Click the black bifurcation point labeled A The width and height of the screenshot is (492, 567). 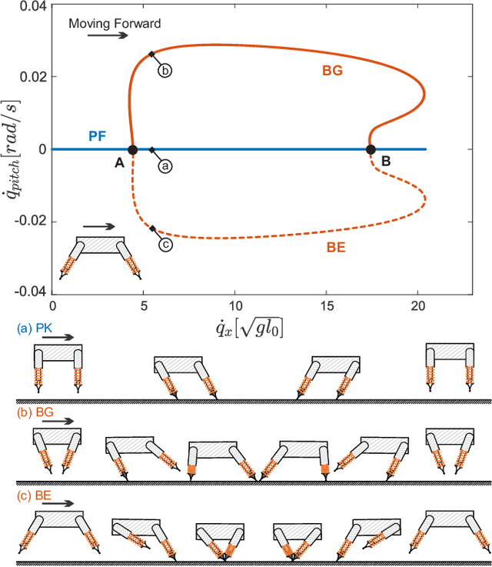pyautogui.click(x=131, y=150)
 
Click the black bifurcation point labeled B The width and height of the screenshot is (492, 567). pyautogui.click(x=371, y=150)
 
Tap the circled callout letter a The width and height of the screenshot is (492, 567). pyautogui.click(x=165, y=165)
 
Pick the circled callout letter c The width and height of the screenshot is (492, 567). pyautogui.click(x=165, y=245)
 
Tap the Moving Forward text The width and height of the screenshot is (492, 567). pyautogui.click(x=115, y=23)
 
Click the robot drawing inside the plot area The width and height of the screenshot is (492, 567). pyautogui.click(x=101, y=256)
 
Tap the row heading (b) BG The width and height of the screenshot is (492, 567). pyautogui.click(x=33, y=412)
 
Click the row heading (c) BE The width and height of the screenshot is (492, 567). pyautogui.click(x=33, y=495)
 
